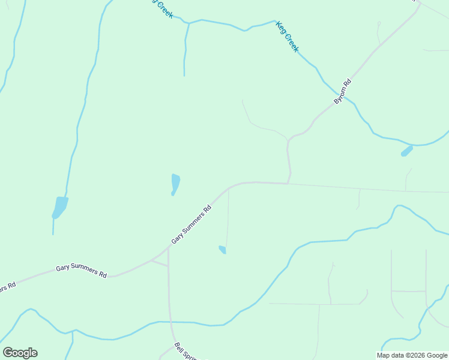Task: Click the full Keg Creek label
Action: (287, 37)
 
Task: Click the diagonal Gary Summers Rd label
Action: (191, 224)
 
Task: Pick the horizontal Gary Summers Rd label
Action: (81, 271)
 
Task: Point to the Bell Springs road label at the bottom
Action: (185, 352)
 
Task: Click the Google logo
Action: (20, 353)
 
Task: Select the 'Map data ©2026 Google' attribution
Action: (412, 355)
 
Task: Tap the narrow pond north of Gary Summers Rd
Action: (175, 184)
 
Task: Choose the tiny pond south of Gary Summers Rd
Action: (223, 249)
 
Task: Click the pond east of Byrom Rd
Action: (407, 151)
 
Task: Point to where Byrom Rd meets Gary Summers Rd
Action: (289, 183)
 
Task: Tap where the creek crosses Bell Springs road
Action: (170, 322)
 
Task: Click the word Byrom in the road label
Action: (340, 96)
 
